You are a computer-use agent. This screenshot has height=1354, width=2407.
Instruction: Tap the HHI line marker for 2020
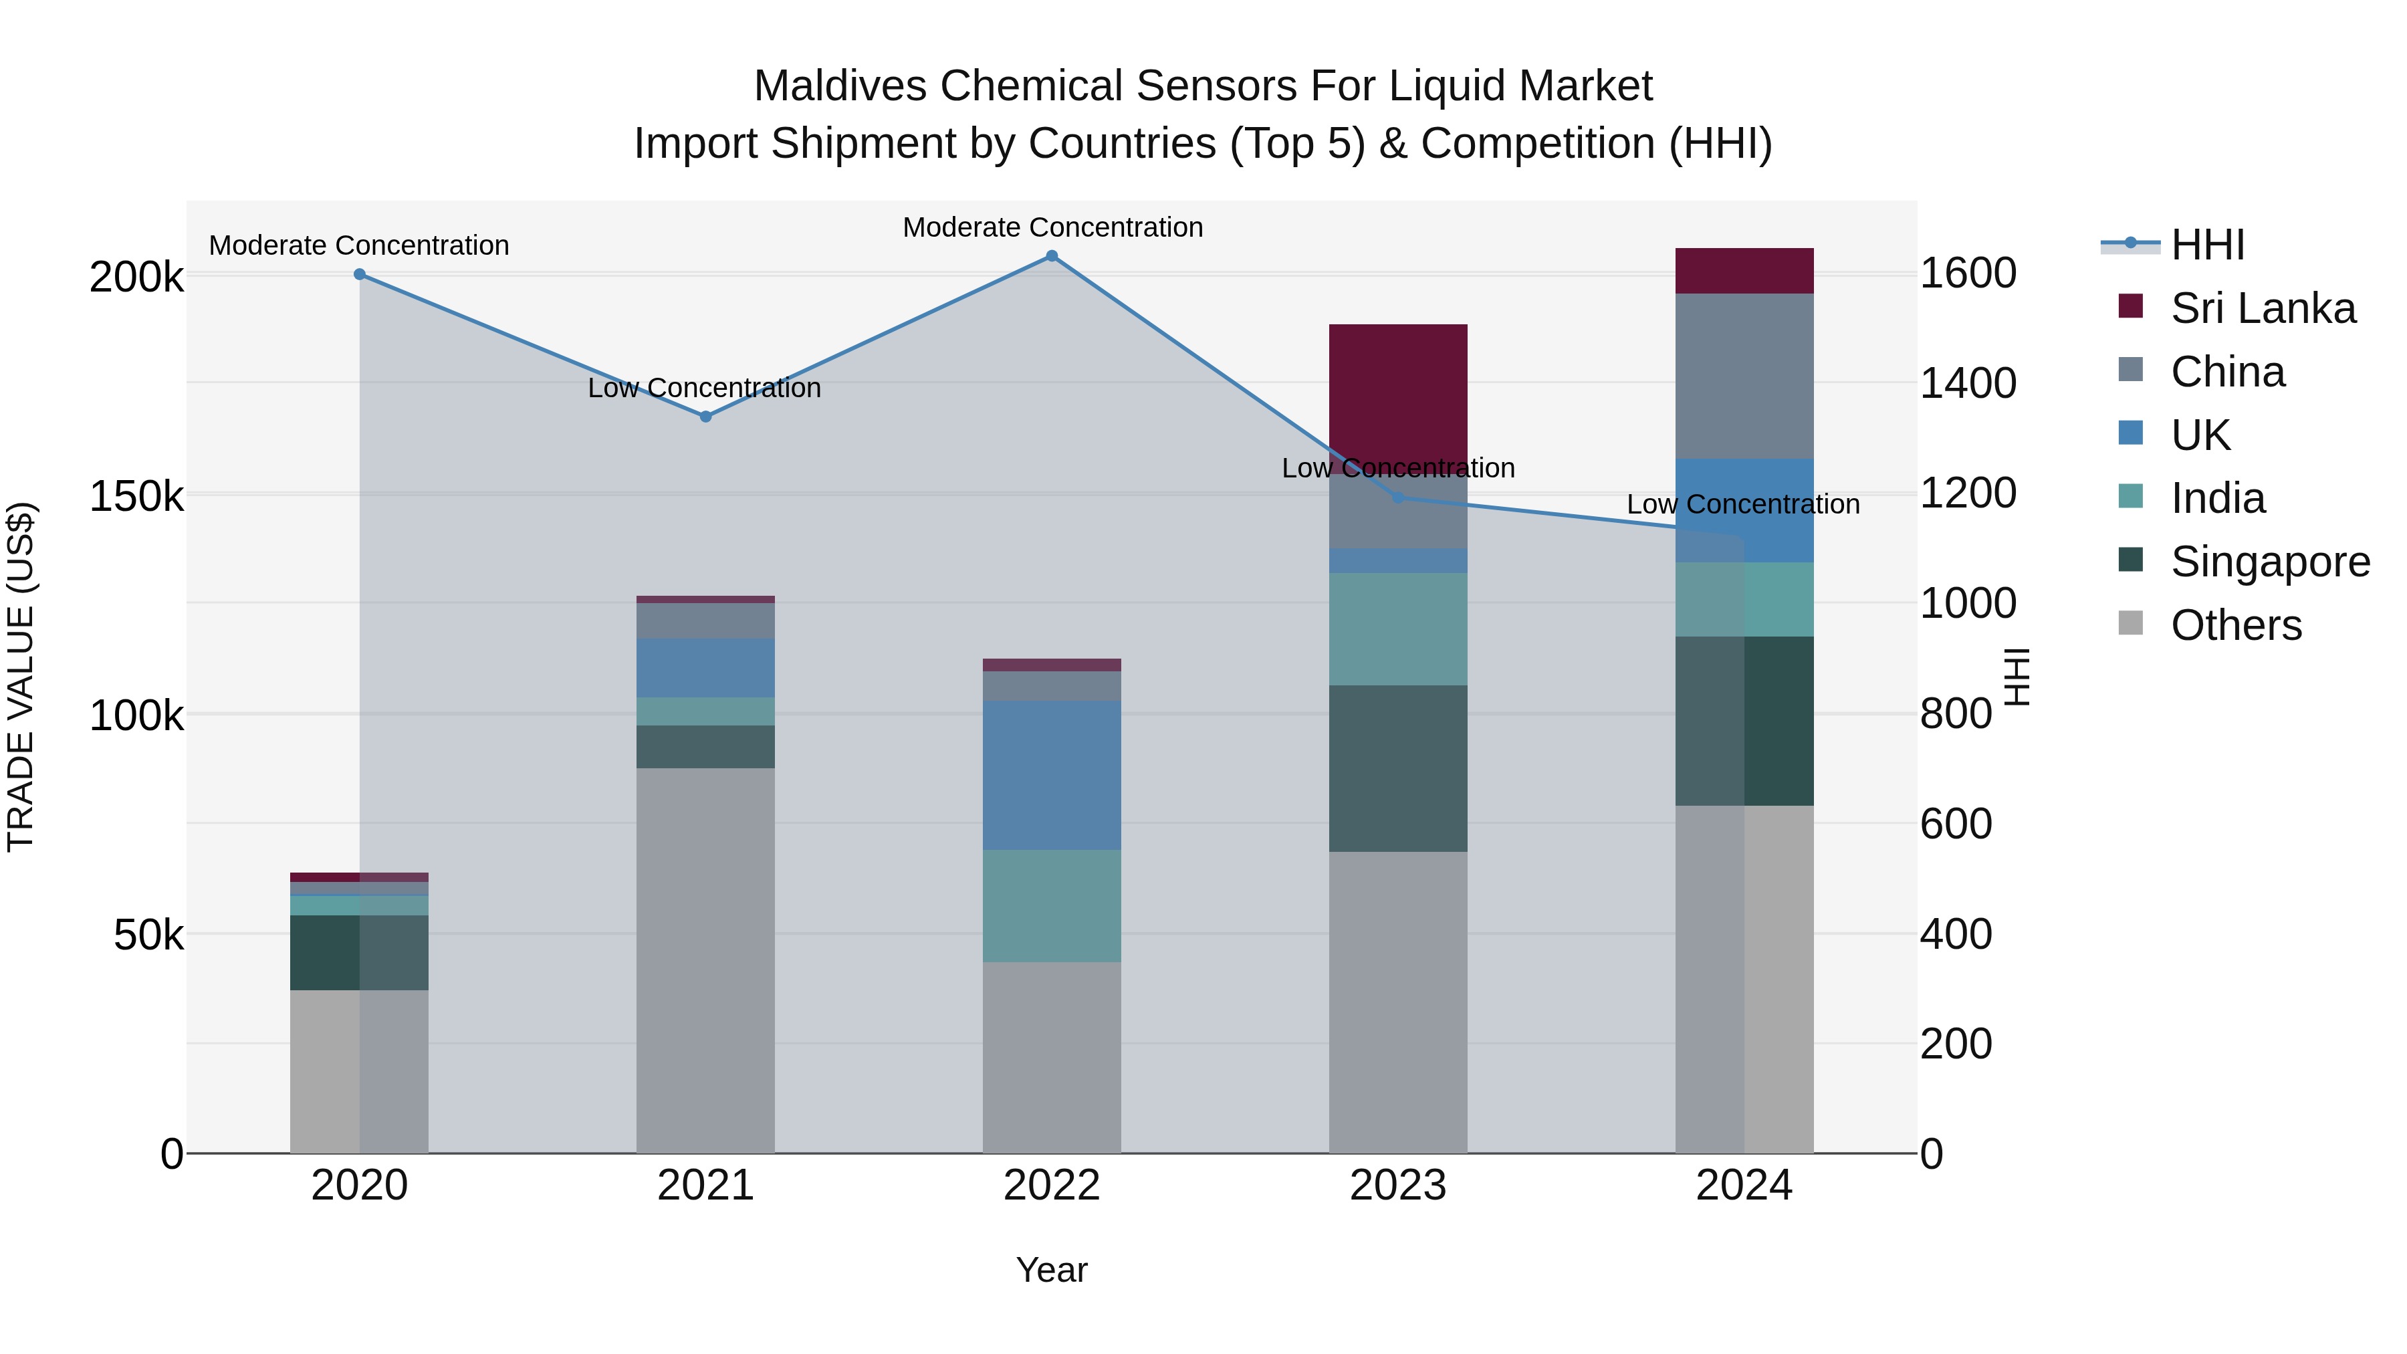pyautogui.click(x=360, y=273)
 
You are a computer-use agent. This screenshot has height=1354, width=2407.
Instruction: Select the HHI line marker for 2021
pyautogui.click(x=705, y=417)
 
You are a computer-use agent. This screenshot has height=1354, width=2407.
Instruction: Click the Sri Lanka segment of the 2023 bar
pyautogui.click(x=1398, y=392)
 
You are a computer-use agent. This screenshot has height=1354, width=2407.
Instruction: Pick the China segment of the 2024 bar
pyautogui.click(x=1744, y=376)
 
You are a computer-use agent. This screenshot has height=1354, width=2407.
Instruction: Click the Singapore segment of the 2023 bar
pyautogui.click(x=1398, y=768)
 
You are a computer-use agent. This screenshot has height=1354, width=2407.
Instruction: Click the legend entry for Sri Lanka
pyautogui.click(x=2262, y=308)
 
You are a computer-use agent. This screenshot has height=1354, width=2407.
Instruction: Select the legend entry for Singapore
pyautogui.click(x=2270, y=562)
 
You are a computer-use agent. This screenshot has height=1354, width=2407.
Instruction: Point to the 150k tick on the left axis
pyautogui.click(x=136, y=496)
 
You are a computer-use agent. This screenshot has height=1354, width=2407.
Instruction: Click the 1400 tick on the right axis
pyautogui.click(x=1968, y=383)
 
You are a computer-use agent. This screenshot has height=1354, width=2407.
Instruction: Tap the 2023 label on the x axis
pyautogui.click(x=1398, y=1186)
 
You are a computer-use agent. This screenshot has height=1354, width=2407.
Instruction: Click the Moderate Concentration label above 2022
pyautogui.click(x=1052, y=227)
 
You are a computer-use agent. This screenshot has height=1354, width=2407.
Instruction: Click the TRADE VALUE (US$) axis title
pyautogui.click(x=21, y=677)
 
